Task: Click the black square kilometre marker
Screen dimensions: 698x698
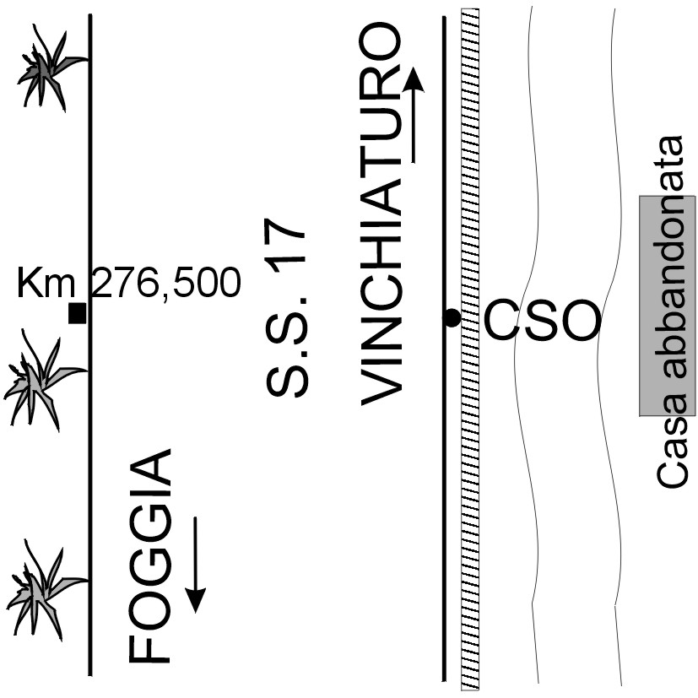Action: tap(78, 313)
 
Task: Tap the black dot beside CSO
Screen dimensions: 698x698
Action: tap(452, 318)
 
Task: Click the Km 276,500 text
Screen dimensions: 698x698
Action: tap(128, 284)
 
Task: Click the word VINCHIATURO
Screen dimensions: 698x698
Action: tap(381, 214)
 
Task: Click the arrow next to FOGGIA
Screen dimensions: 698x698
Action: tap(196, 564)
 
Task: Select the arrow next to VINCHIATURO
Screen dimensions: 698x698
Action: tap(414, 116)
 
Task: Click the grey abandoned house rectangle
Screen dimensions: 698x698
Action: tap(667, 306)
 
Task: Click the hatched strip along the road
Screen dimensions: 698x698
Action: tap(470, 422)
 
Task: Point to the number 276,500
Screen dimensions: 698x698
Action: tap(165, 284)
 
